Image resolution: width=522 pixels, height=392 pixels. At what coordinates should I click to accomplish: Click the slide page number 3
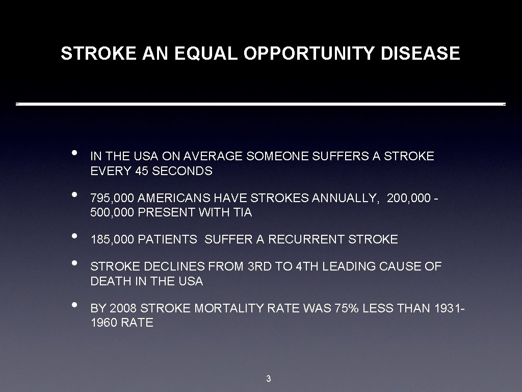pos(269,379)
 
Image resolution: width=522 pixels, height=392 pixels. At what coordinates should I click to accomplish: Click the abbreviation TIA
pos(243,212)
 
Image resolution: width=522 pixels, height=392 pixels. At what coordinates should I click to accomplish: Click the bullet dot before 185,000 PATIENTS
pos(74,236)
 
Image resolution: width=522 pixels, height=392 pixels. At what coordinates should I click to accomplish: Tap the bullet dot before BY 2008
pos(74,305)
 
